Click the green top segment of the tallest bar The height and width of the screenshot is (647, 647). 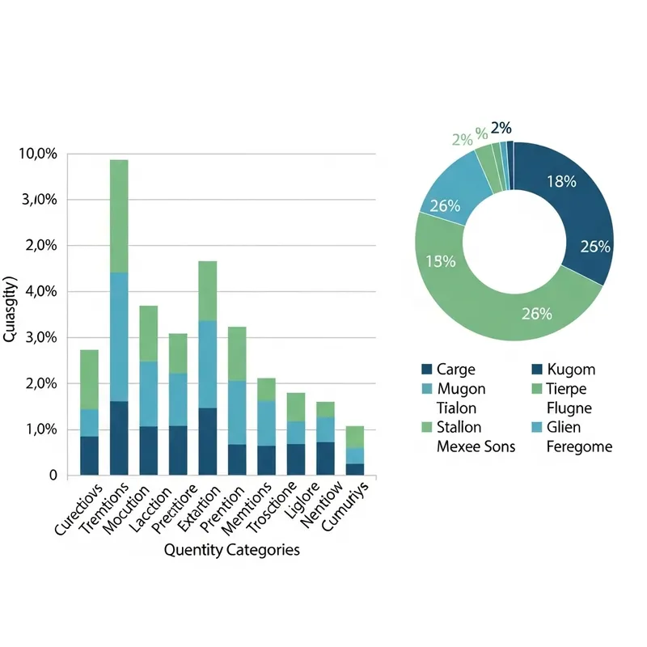(x=119, y=216)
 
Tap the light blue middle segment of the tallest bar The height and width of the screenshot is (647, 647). (x=119, y=336)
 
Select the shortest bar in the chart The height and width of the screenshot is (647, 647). (x=354, y=450)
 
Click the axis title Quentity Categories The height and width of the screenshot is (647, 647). (x=231, y=551)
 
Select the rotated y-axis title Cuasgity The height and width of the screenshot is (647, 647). (x=11, y=311)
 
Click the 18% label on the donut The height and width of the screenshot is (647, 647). (x=560, y=182)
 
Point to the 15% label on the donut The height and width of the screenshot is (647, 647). (x=441, y=261)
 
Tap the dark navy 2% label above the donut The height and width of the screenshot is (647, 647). (x=501, y=128)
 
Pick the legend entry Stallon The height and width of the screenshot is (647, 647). (x=451, y=427)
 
